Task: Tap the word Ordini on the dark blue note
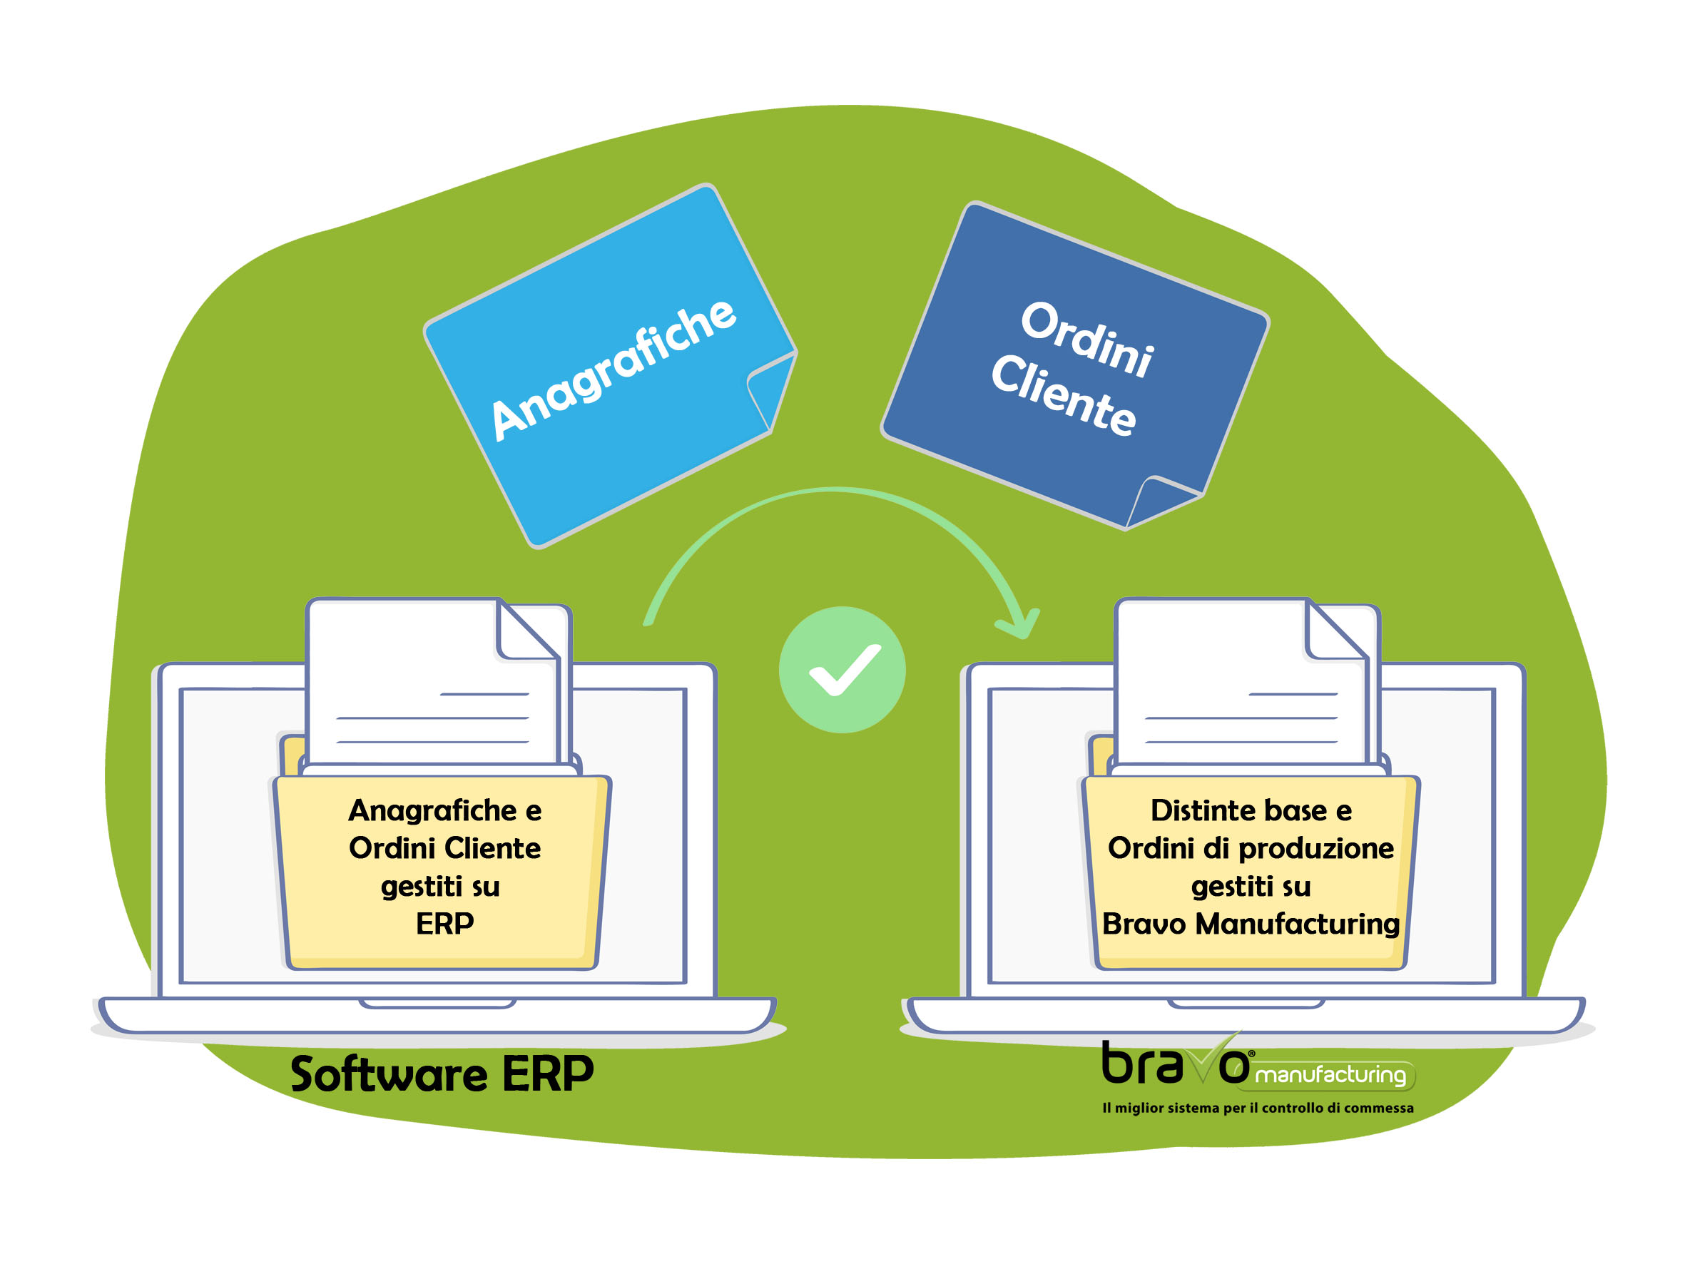1087,339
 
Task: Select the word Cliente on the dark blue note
1064,394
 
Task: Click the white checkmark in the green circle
844,670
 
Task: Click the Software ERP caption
442,1074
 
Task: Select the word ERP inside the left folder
445,924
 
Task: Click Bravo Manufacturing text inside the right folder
1251,924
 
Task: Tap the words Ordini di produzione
1251,849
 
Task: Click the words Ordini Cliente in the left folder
445,848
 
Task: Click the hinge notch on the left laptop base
437,1004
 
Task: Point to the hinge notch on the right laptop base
1246,1004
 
